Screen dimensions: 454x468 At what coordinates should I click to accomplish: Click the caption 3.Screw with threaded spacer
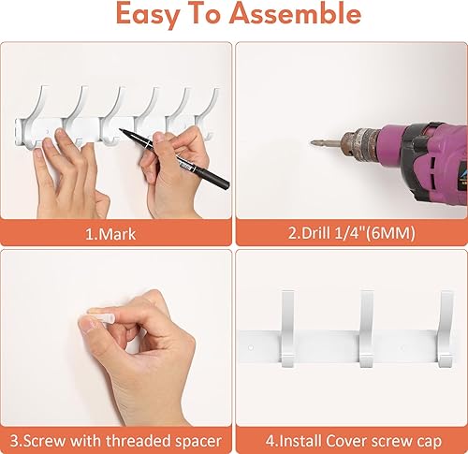pyautogui.click(x=116, y=439)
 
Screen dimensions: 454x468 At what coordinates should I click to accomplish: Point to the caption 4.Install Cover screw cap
pyautogui.click(x=350, y=439)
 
